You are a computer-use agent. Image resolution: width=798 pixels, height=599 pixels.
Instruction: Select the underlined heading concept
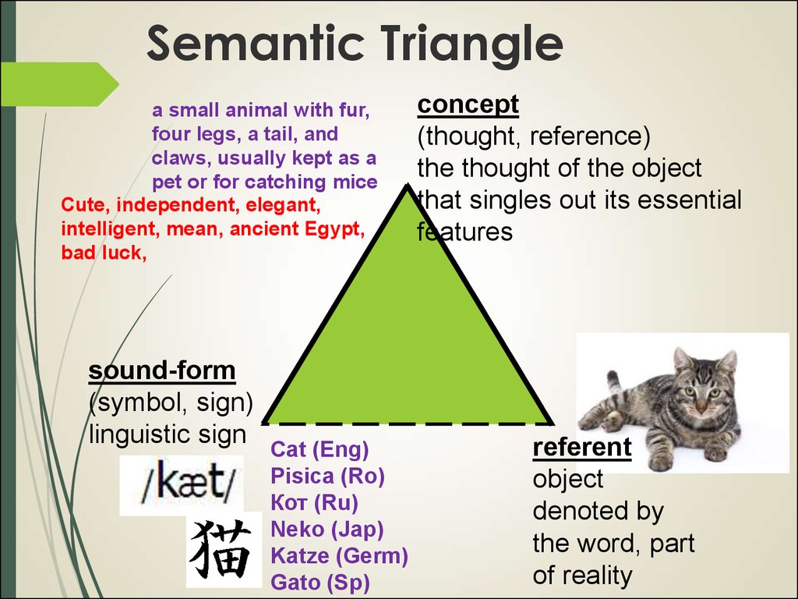pos(468,104)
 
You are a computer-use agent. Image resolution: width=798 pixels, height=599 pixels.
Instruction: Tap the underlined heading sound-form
pos(161,370)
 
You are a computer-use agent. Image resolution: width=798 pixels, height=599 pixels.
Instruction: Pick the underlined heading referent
pos(581,448)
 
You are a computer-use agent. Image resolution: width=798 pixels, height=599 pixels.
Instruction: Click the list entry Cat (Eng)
pos(320,449)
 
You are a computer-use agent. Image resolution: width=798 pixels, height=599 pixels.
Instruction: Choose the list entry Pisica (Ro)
pos(327,476)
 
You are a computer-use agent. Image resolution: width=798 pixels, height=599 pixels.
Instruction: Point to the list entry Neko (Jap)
pos(327,530)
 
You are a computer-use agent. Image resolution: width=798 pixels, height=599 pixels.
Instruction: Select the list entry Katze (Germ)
pos(339,556)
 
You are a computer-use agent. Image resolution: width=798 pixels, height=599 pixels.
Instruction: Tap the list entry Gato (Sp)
pos(320,582)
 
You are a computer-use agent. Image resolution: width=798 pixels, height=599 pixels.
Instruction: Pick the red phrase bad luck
pos(103,253)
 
